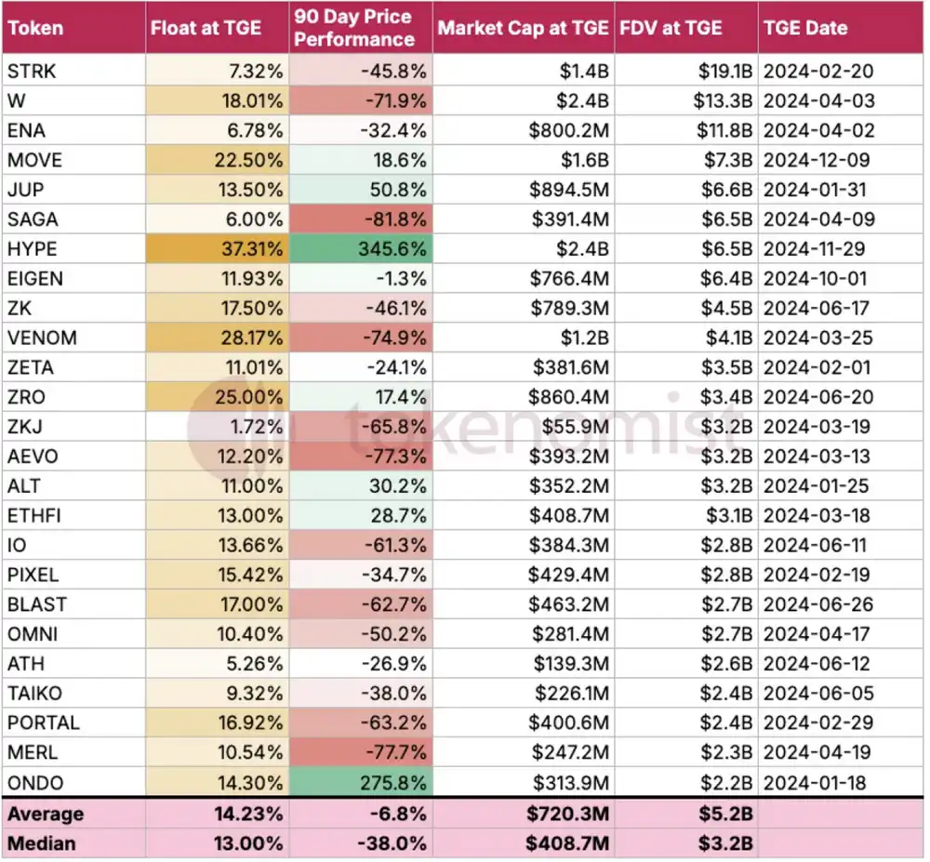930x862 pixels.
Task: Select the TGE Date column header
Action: (x=805, y=28)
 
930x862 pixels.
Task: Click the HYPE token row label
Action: (x=32, y=248)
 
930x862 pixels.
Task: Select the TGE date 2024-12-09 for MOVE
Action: (x=815, y=160)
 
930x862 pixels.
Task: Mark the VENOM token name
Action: (x=42, y=338)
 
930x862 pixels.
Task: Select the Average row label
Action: (x=46, y=814)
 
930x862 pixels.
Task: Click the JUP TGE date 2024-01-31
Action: (x=815, y=190)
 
